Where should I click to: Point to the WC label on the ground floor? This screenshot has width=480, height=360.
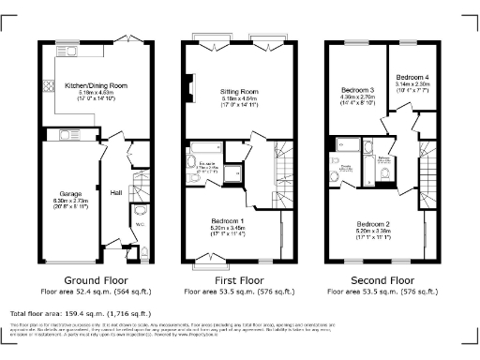[138, 225]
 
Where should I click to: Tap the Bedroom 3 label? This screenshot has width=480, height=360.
[357, 90]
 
